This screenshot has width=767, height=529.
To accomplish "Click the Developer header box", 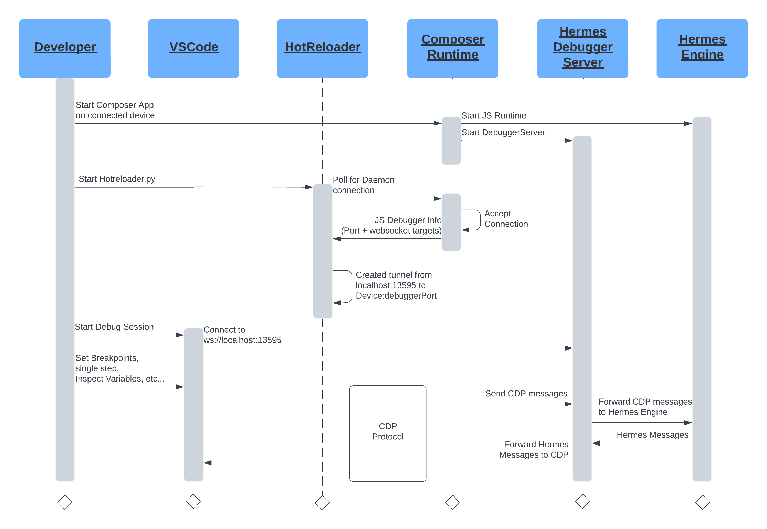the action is click(65, 48).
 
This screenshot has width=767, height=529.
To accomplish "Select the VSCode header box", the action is click(194, 48).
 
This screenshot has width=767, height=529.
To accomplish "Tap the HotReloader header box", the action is click(323, 48).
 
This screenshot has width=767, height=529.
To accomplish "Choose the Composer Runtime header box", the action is click(453, 48).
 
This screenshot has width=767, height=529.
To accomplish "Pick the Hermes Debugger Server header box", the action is click(583, 48).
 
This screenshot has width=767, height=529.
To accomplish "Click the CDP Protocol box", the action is click(388, 433).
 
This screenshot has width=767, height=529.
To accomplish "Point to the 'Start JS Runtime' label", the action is click(494, 115).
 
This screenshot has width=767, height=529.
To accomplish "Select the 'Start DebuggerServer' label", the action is click(503, 132).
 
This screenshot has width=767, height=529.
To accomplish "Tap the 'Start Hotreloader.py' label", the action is click(117, 179).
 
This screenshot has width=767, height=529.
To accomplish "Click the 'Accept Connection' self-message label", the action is click(506, 218).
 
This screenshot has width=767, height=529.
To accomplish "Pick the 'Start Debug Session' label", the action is click(114, 327).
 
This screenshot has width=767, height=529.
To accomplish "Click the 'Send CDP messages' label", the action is click(526, 394).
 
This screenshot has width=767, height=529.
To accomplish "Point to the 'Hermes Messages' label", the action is click(652, 435).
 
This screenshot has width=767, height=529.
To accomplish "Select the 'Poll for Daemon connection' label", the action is click(364, 185).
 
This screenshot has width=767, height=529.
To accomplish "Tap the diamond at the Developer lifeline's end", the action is click(65, 502).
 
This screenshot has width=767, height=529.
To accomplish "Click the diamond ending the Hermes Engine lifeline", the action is click(703, 502).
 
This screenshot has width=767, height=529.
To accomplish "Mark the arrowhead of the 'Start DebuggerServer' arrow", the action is click(569, 141).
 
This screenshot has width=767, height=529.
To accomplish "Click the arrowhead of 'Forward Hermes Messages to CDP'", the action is click(208, 463).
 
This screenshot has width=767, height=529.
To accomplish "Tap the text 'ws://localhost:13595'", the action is click(243, 340).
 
